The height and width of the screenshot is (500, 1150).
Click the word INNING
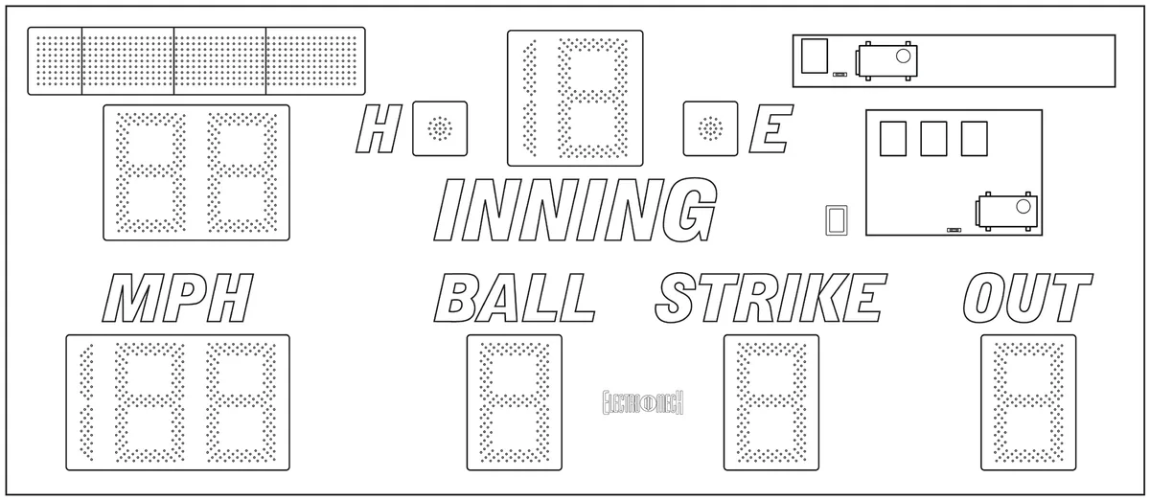coord(575,210)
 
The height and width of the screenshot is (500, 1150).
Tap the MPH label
coord(177,297)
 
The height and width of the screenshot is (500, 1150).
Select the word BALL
coord(515,297)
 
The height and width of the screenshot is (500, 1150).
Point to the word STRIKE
coord(771,297)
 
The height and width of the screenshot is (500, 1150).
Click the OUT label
coord(1027,297)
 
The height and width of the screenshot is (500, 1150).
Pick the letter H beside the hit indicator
coord(379,128)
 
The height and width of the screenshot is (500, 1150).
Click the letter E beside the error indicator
coord(771,128)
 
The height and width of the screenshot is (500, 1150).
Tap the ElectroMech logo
coord(643,402)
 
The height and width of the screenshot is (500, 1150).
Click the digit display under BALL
coord(515,402)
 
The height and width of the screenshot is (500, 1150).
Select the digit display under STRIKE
coord(771,402)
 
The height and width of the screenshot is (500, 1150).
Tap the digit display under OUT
coord(1028,402)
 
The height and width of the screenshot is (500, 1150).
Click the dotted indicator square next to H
coord(440,128)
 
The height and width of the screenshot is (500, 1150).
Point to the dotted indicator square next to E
coord(710,128)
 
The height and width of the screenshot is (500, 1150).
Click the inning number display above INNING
coord(575,98)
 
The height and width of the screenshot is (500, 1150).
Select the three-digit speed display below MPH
coord(177,402)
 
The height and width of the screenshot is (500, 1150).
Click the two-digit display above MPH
coord(196,172)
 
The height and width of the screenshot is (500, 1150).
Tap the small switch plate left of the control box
coord(837,220)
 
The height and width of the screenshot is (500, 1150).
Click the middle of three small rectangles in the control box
coord(933,139)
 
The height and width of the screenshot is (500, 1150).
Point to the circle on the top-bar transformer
coord(903,56)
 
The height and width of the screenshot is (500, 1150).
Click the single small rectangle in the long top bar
coord(815,56)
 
